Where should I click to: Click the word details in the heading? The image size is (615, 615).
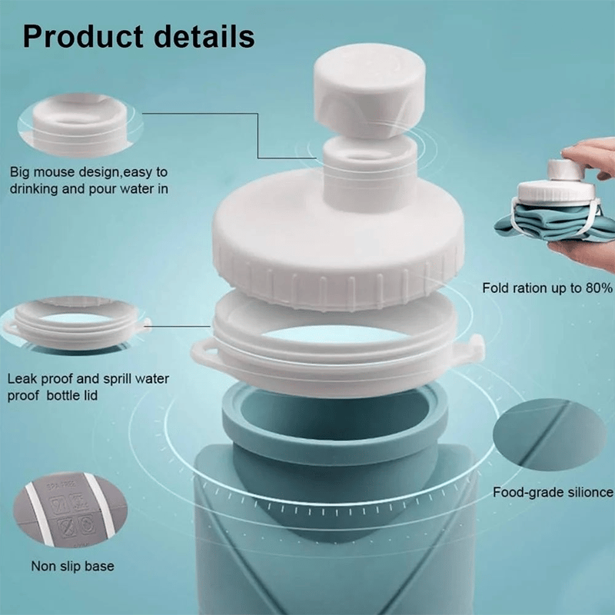point(204,36)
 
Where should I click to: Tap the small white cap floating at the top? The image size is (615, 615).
point(370,90)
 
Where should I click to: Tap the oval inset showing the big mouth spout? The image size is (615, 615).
point(80,125)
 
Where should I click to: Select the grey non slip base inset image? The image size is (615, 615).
point(70,510)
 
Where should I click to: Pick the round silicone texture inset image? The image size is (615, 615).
point(550,434)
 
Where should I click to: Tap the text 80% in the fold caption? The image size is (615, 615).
point(599,288)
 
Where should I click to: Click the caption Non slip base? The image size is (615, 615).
point(72,567)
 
